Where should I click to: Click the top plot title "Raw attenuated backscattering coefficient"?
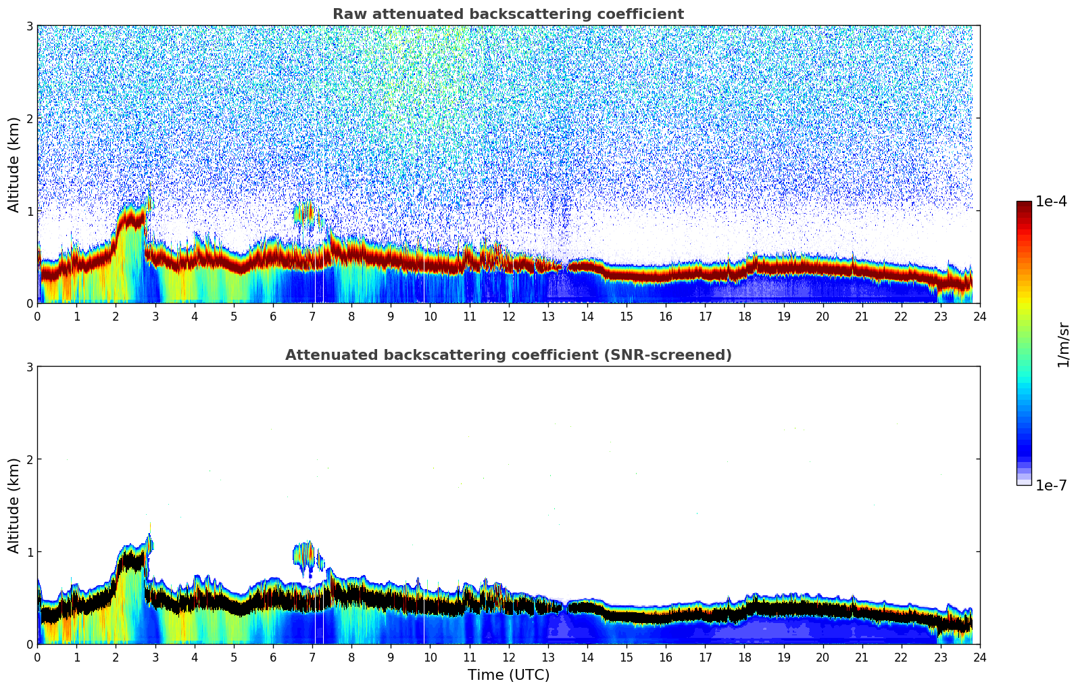click(508, 14)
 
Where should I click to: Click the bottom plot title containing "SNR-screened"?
click(508, 355)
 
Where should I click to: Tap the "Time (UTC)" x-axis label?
click(508, 674)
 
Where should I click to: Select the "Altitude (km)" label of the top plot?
click(14, 164)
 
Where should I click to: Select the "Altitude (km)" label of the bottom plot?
click(14, 505)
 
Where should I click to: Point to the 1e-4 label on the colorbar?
click(1051, 202)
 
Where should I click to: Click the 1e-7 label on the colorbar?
click(1051, 485)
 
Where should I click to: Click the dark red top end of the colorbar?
click(1023, 205)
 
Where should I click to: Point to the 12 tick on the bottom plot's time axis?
click(508, 657)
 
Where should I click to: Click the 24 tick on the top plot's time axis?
click(979, 316)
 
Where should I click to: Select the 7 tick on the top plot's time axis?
click(312, 316)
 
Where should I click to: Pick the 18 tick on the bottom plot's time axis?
click(744, 657)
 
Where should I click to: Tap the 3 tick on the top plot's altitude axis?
click(30, 26)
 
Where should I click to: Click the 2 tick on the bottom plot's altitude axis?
click(30, 459)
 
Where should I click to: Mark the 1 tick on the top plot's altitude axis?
click(30, 211)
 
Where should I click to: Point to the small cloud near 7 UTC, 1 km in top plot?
click(305, 213)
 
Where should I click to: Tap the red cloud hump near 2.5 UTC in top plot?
click(132, 221)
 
